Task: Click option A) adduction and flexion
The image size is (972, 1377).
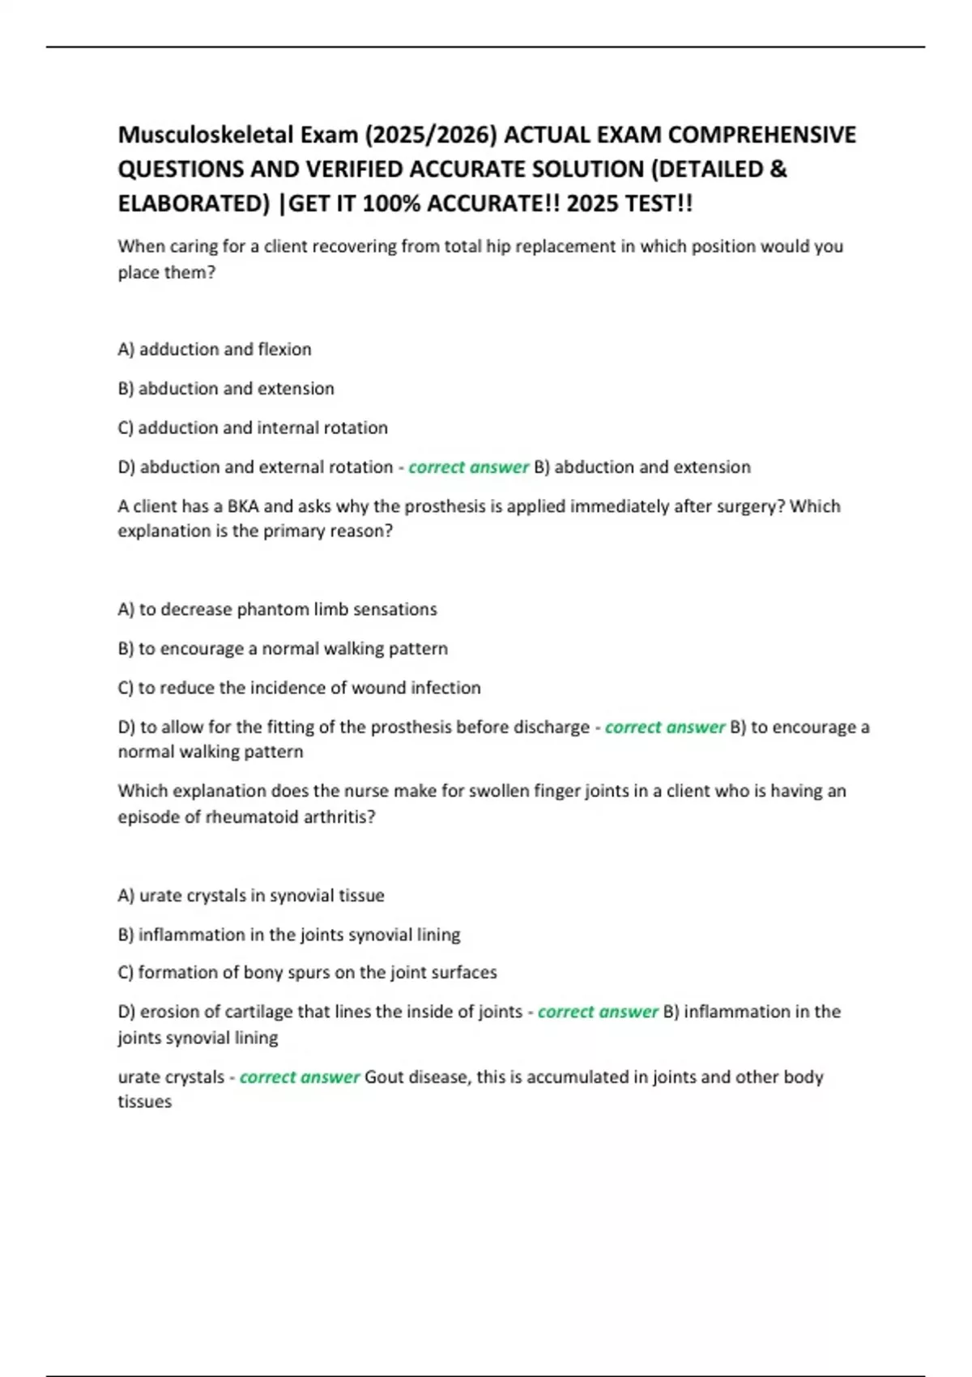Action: click(215, 349)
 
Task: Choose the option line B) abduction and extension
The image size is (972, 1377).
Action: click(226, 389)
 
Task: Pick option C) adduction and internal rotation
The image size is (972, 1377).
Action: click(253, 428)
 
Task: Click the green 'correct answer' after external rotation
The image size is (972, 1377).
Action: click(468, 467)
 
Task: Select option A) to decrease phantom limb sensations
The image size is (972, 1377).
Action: click(277, 609)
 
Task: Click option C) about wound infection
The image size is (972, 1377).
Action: click(299, 688)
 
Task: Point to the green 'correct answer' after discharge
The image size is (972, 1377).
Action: click(664, 727)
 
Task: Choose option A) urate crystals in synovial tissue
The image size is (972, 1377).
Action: click(251, 895)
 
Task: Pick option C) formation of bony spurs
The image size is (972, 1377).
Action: click(307, 972)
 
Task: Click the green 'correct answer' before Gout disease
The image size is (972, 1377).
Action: click(299, 1077)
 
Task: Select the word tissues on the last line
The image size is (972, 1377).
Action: click(145, 1102)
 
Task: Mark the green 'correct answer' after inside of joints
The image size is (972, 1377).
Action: click(597, 1012)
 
